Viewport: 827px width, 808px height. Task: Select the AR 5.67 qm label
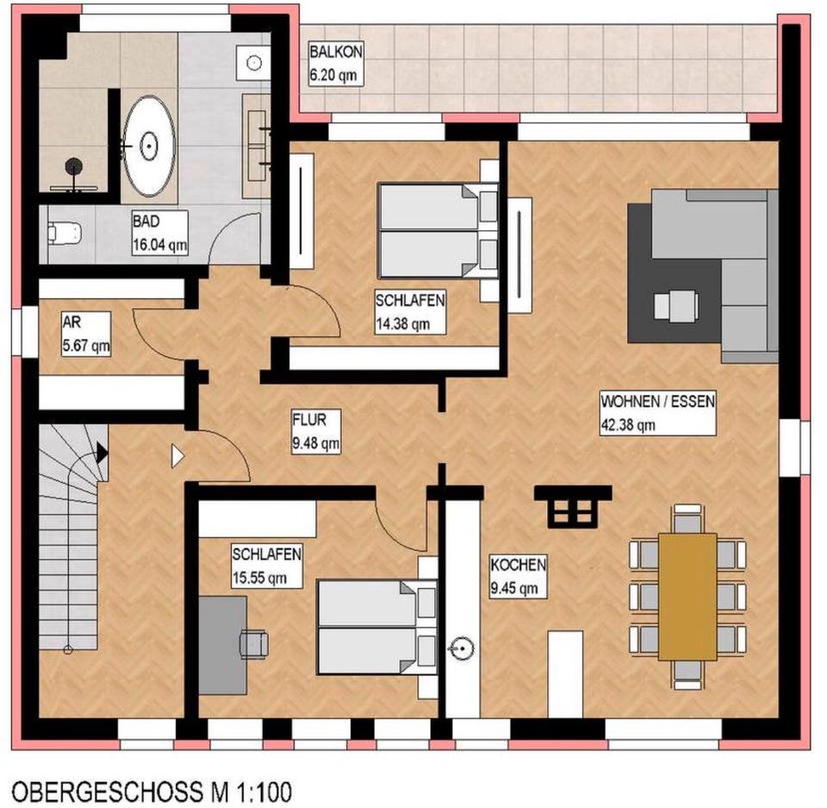click(x=85, y=335)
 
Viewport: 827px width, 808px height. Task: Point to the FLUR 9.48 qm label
click(x=315, y=431)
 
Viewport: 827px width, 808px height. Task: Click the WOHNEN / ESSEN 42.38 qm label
click(x=658, y=412)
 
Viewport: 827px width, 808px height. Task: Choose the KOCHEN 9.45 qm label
click(x=518, y=577)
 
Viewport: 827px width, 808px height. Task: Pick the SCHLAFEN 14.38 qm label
click(x=409, y=312)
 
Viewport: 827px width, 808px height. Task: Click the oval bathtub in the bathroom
click(x=149, y=147)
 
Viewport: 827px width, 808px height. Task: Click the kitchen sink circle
click(x=463, y=646)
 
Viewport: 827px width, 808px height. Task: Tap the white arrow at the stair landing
click(x=178, y=455)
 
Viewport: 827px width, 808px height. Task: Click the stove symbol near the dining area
click(x=573, y=506)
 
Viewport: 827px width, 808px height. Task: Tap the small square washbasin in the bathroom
click(x=253, y=62)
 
